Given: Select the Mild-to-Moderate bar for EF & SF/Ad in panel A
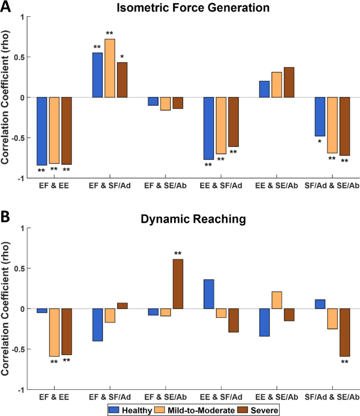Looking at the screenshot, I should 110,68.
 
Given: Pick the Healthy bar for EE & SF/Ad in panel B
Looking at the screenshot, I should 209,294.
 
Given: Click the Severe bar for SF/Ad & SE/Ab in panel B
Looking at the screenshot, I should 345,332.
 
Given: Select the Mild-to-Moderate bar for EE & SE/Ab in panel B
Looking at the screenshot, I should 277,300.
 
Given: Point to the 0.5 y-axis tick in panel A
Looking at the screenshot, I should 19,57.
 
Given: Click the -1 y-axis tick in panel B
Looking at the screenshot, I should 21,390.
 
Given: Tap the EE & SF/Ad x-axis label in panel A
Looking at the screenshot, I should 221,185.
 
